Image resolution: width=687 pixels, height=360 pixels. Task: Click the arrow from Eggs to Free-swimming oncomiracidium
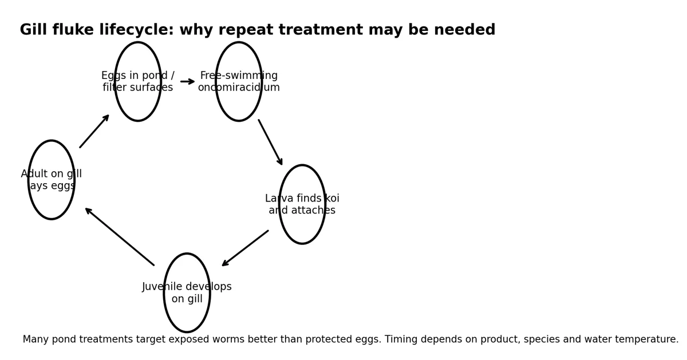[188, 82]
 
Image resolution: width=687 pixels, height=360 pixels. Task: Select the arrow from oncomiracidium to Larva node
[270, 143]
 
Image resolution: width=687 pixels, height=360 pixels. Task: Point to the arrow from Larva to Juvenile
[245, 248]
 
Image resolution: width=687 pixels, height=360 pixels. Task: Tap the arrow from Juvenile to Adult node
[120, 237]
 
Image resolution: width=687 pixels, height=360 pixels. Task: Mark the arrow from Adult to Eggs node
[94, 131]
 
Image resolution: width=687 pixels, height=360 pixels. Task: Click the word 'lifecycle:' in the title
[136, 30]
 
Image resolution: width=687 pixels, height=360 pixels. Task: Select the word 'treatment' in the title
[320, 30]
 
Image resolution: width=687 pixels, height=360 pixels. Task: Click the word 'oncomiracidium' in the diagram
[239, 88]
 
